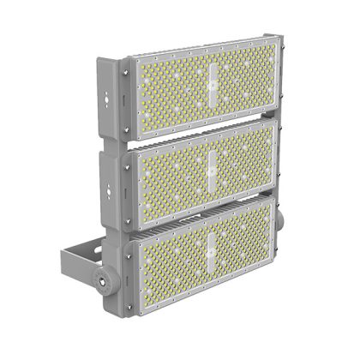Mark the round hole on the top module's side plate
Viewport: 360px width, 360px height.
coord(107,102)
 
